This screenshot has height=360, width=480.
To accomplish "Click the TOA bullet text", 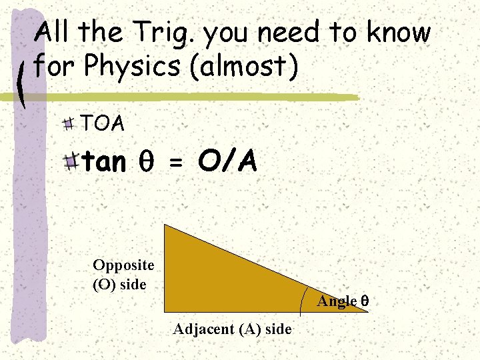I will (x=102, y=123).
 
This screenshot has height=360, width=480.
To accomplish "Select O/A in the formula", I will (x=227, y=162).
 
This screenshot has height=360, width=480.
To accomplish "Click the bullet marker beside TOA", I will (x=69, y=123).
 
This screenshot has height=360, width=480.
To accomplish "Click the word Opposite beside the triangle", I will (x=123, y=265).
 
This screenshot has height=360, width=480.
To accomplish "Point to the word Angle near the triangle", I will (x=337, y=301).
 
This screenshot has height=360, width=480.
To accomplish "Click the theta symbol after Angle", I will (x=365, y=301).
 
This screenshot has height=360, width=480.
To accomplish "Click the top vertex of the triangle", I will (x=165, y=225).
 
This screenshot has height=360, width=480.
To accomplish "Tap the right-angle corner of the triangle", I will (x=165, y=311).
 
